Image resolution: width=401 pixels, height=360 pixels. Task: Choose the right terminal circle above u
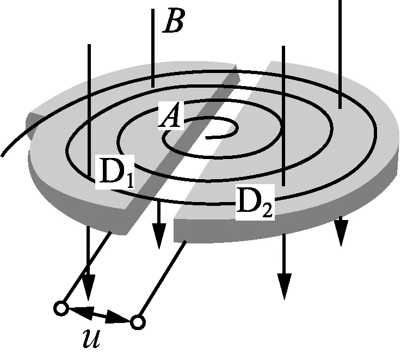(138, 322)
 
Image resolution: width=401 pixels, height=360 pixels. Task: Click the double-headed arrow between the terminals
(100, 315)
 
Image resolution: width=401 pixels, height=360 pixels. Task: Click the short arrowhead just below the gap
(158, 235)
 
